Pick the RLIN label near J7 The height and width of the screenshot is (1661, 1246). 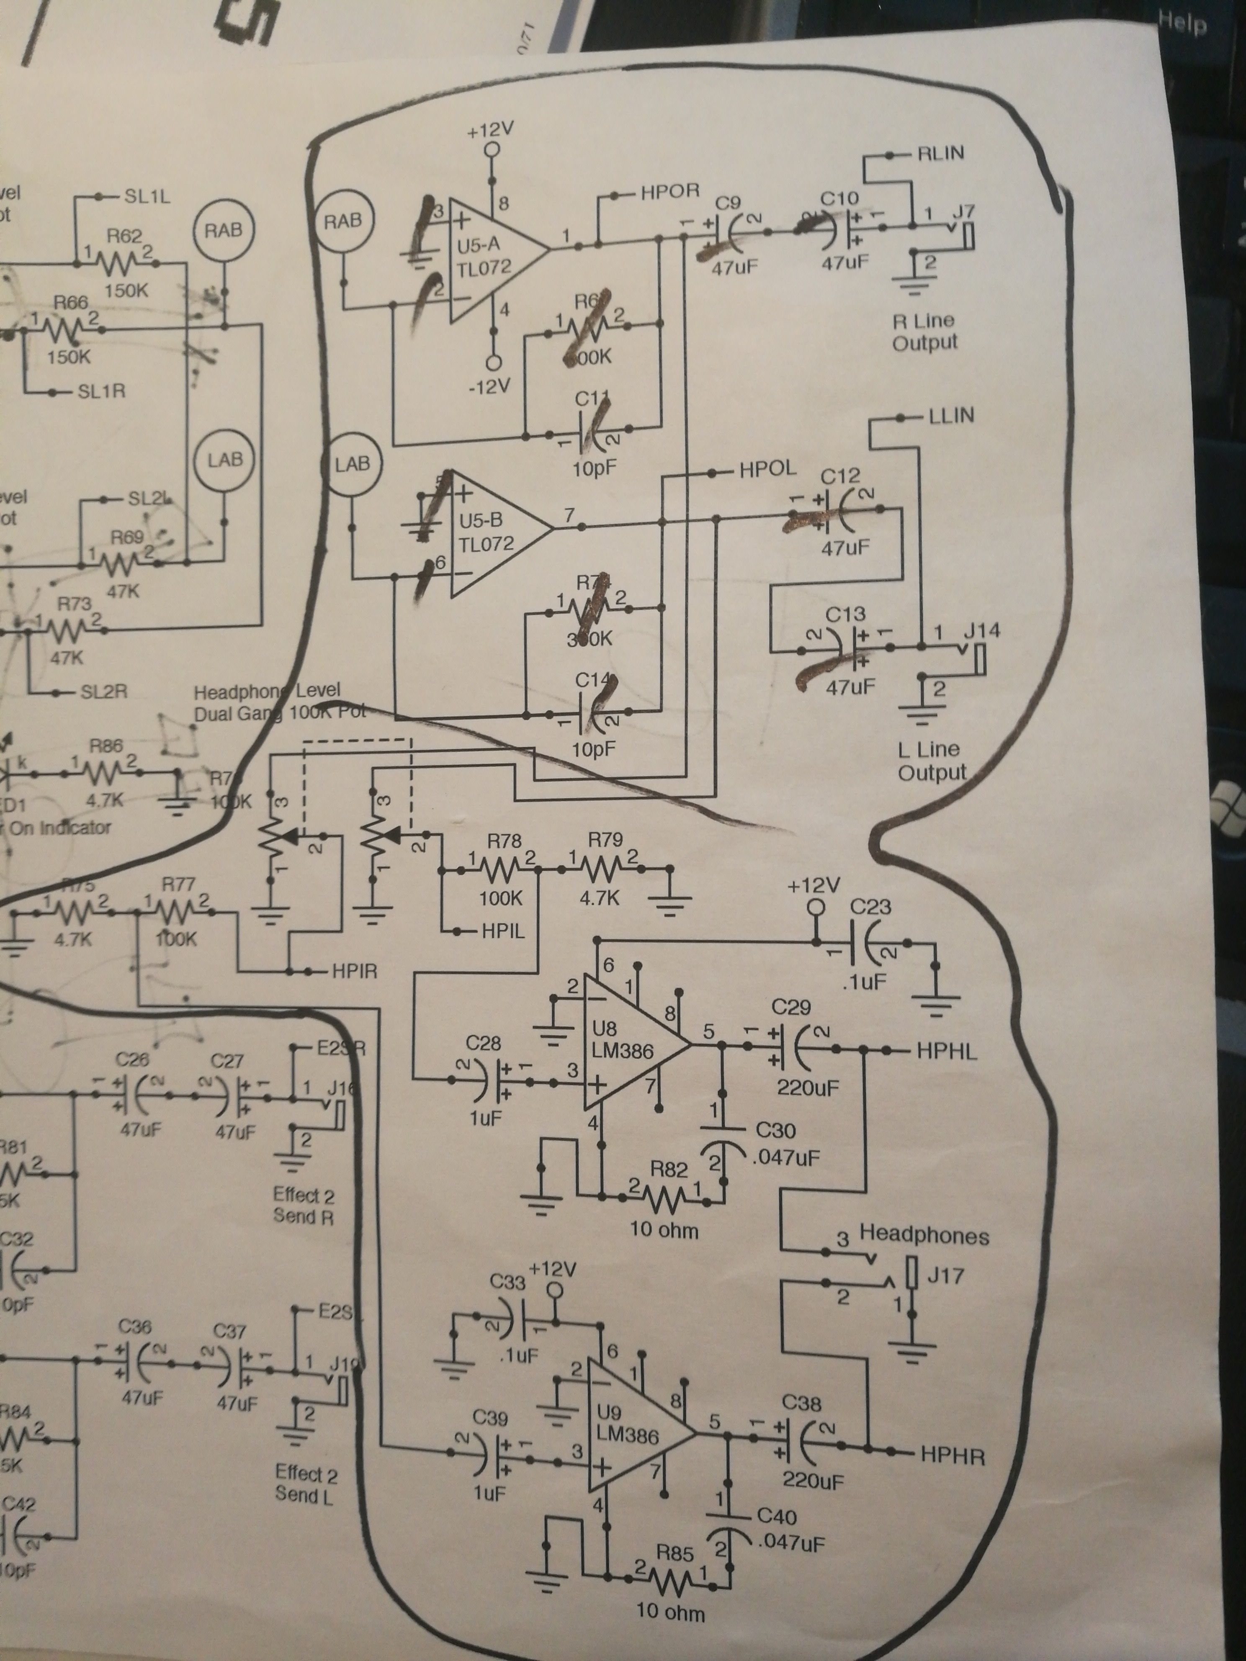click(x=940, y=153)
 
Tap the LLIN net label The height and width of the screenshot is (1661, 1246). click(x=951, y=415)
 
